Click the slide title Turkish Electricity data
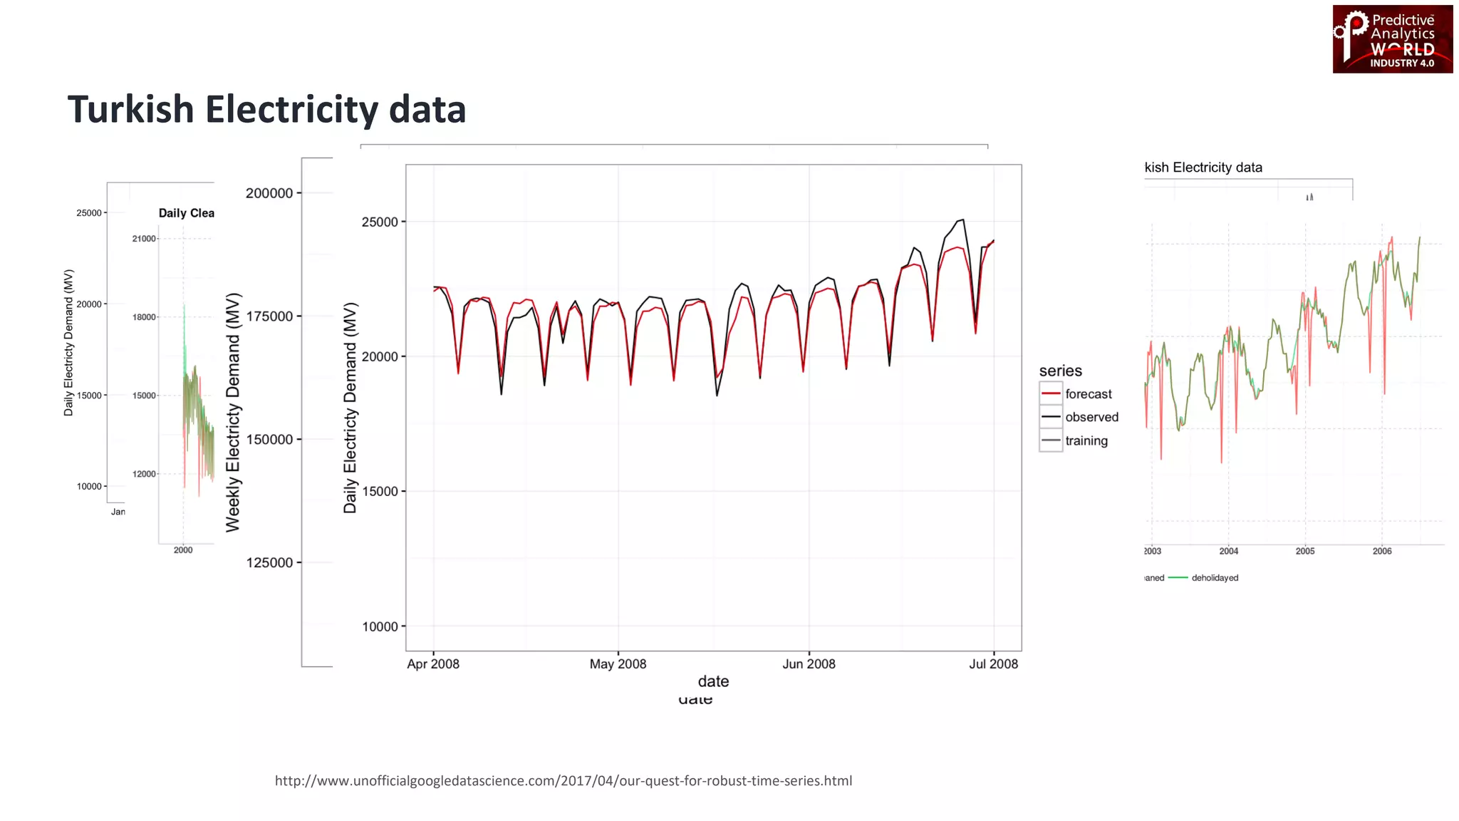coord(266,110)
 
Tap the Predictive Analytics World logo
coord(1392,39)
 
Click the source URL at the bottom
coord(563,780)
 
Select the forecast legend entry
coord(1088,394)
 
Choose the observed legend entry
coord(1091,417)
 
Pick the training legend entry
coord(1086,440)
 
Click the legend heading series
coord(1060,371)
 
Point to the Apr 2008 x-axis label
coord(433,663)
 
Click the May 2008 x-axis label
coord(618,663)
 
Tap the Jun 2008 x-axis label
coord(809,663)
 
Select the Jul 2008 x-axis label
coord(993,663)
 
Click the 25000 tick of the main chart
coord(380,222)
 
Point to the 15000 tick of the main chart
coord(380,491)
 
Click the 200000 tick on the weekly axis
coord(269,193)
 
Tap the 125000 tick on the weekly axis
coord(269,562)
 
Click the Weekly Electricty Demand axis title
coord(233,412)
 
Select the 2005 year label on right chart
coord(1304,551)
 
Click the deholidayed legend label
coord(1215,578)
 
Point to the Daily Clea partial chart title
coord(186,213)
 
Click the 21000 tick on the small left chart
coord(144,239)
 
